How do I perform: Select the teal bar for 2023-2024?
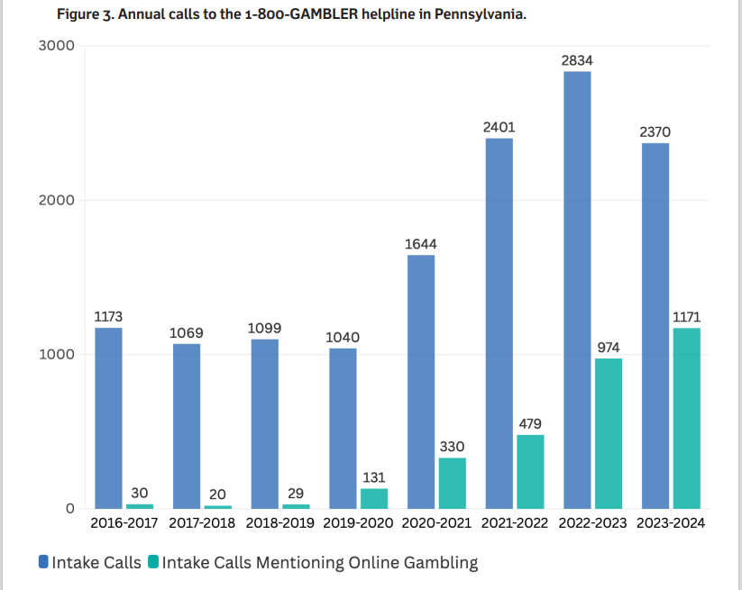coord(686,418)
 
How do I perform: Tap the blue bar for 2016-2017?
coord(109,418)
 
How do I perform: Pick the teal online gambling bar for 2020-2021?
coord(452,483)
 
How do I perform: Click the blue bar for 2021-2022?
coord(499,323)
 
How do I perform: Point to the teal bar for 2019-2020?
coord(374,498)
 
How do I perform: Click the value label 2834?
coord(577,60)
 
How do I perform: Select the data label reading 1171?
coord(686,317)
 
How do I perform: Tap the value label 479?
coord(530,423)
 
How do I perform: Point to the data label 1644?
coord(421,244)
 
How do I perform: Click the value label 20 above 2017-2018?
coord(217,494)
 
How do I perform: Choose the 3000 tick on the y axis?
coord(56,46)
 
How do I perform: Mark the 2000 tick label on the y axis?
coord(56,200)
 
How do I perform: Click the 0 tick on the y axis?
coord(68,509)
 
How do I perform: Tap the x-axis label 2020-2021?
coord(437,523)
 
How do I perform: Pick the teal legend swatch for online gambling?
coord(153,563)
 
